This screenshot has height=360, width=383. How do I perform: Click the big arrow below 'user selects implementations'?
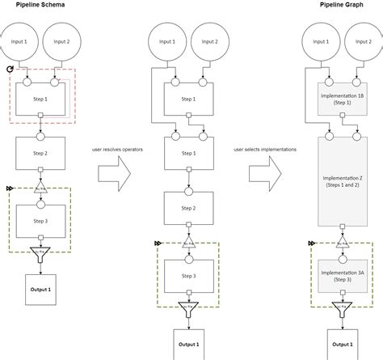point(265,172)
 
